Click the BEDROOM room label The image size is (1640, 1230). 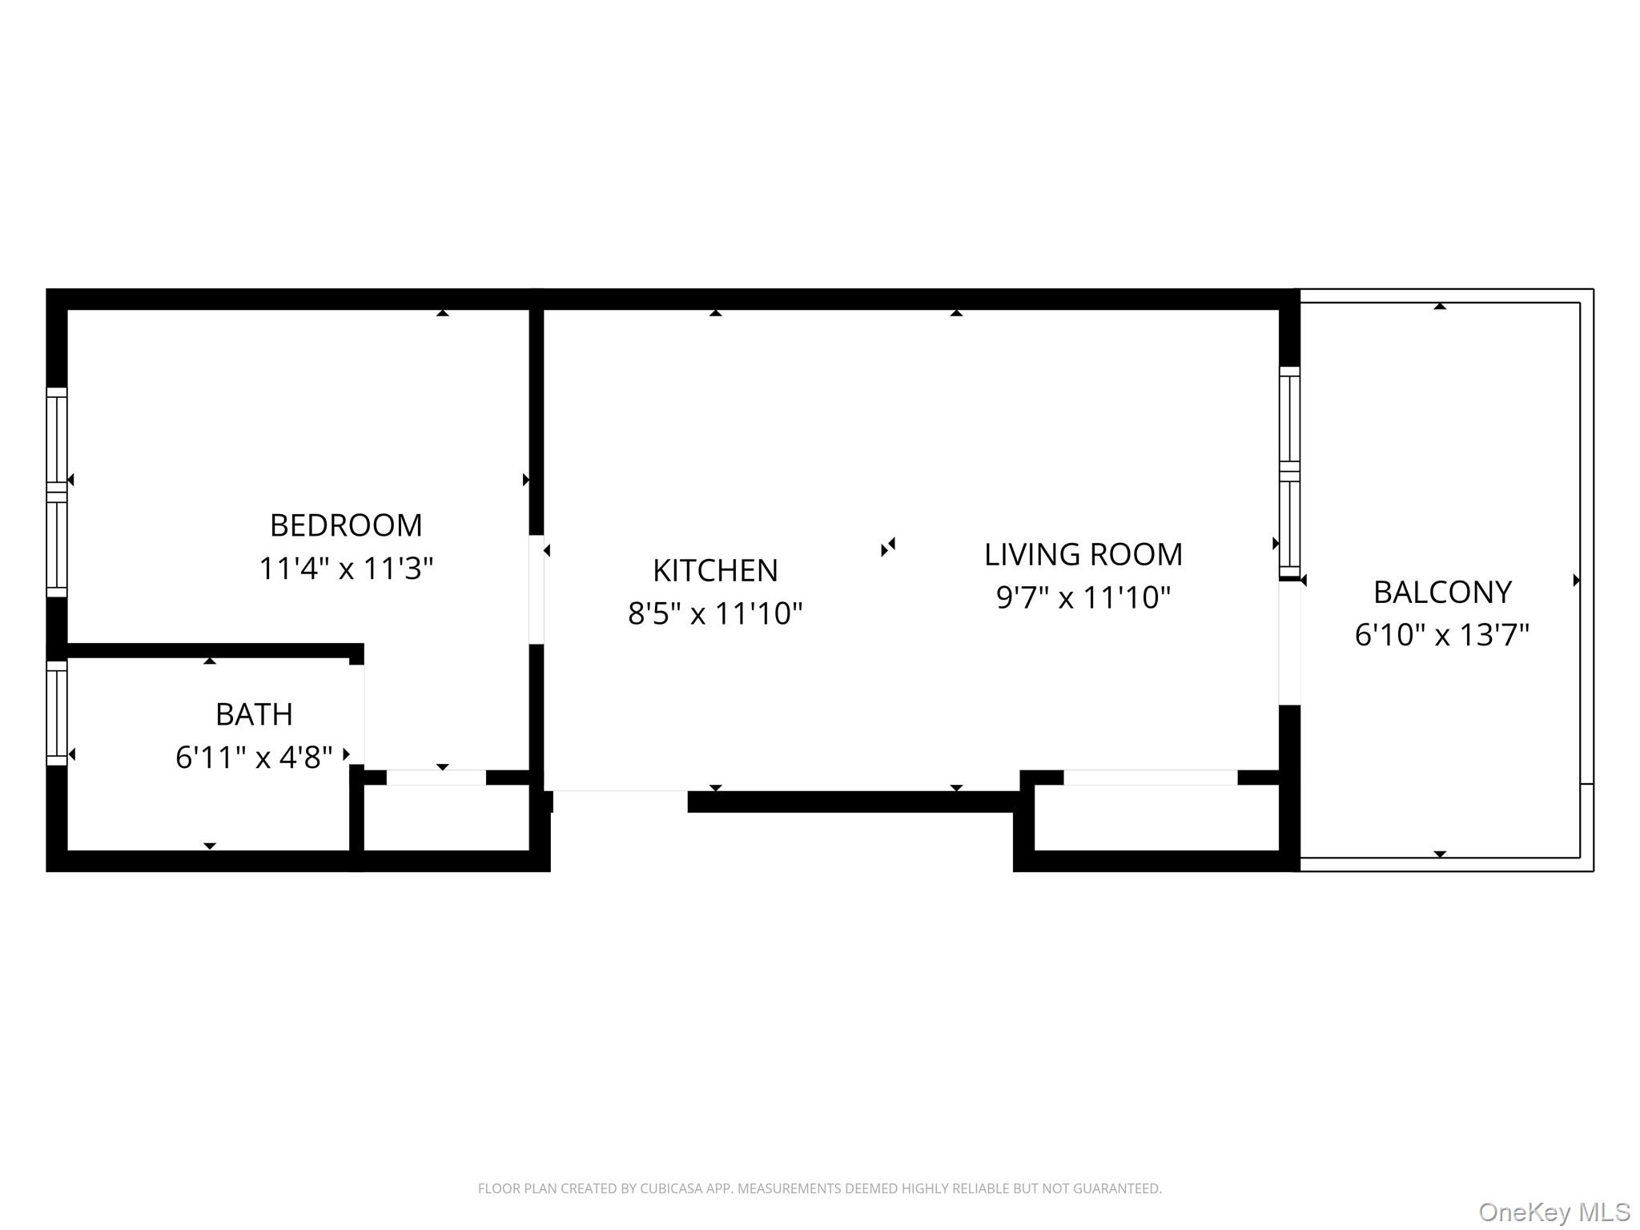pos(345,525)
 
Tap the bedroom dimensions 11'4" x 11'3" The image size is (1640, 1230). pos(345,569)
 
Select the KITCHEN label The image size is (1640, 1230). pos(715,570)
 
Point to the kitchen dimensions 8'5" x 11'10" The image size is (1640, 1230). pos(715,613)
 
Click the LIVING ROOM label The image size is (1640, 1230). pos(1083,554)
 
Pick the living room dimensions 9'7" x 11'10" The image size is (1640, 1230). pos(1083,597)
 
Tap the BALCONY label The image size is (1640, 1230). pos(1441,593)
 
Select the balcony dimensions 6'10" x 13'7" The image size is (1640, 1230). pos(1441,635)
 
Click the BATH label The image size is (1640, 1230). pos(254,714)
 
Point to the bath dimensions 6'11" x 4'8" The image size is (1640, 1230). pos(254,757)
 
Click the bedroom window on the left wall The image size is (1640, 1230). pos(57,492)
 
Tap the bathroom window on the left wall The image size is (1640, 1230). pos(57,713)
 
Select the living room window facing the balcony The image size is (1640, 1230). pos(1288,472)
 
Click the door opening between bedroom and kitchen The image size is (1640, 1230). pos(537,589)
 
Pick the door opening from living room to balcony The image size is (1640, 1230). pos(1288,643)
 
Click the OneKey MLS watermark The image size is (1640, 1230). pos(1554,1212)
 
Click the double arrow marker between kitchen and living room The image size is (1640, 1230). pos(887,547)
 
